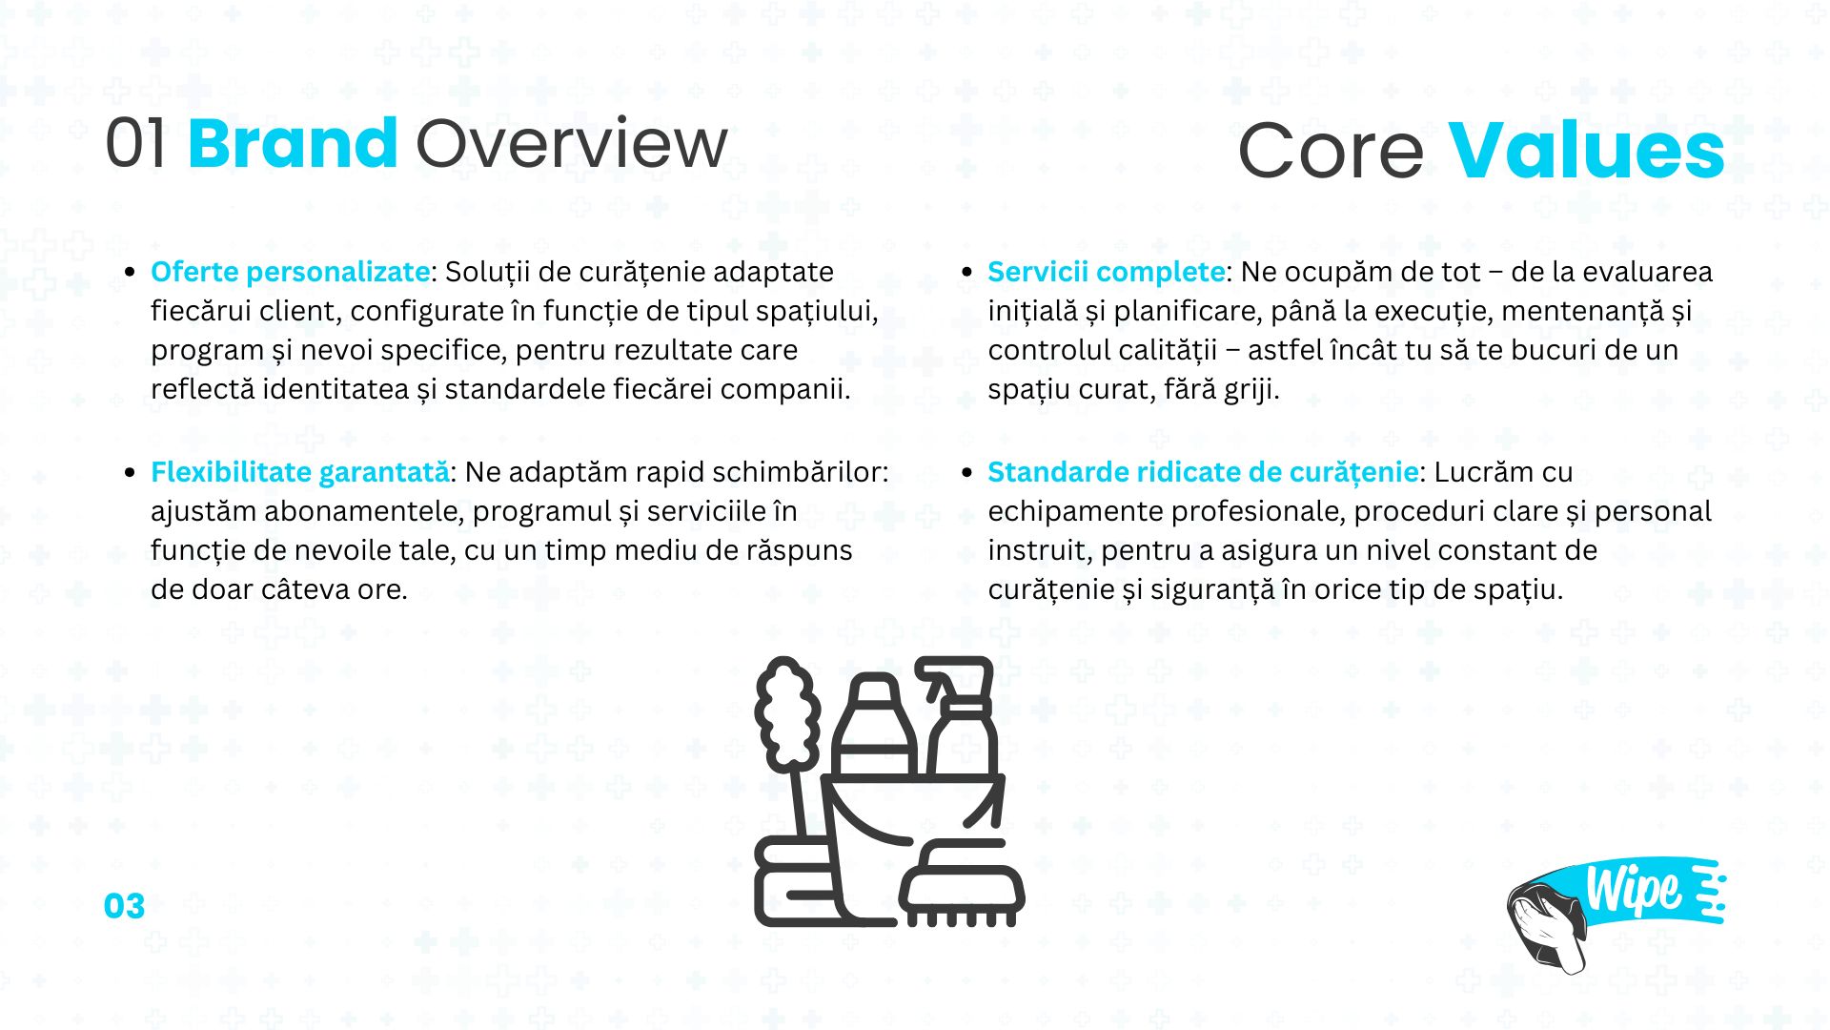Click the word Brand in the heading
tap(293, 143)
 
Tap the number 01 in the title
tap(135, 144)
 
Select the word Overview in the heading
tap(572, 144)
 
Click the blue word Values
tap(1587, 151)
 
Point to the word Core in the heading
tap(1331, 152)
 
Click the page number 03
tap(125, 906)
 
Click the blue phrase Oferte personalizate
tap(291, 272)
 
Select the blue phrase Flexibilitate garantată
tap(300, 472)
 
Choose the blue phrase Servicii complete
tap(1107, 272)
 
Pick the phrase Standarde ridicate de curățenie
tap(1203, 472)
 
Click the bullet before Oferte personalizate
tap(131, 273)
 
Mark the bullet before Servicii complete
tap(967, 273)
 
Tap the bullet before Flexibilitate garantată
tap(131, 473)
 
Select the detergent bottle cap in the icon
tap(873, 690)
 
